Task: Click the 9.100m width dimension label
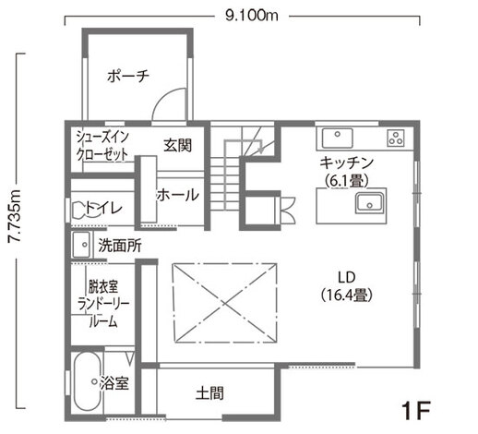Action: click(x=252, y=15)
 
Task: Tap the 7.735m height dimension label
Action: click(x=14, y=216)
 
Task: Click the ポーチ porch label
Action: click(x=128, y=76)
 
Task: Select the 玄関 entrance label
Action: click(x=177, y=145)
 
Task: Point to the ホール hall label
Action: click(x=178, y=195)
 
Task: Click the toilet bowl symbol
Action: click(x=81, y=210)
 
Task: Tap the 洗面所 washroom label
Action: click(x=120, y=246)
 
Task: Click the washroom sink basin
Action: click(x=81, y=245)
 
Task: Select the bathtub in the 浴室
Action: click(x=88, y=381)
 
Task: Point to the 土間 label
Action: click(x=209, y=393)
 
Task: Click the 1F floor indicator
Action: click(x=416, y=410)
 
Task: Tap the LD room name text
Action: click(x=347, y=277)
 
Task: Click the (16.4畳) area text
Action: click(x=347, y=295)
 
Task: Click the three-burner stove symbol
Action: click(x=396, y=138)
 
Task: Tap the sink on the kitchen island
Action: click(x=370, y=203)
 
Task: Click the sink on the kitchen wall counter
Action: click(x=338, y=138)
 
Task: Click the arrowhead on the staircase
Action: click(x=262, y=150)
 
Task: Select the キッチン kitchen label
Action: click(x=347, y=163)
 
